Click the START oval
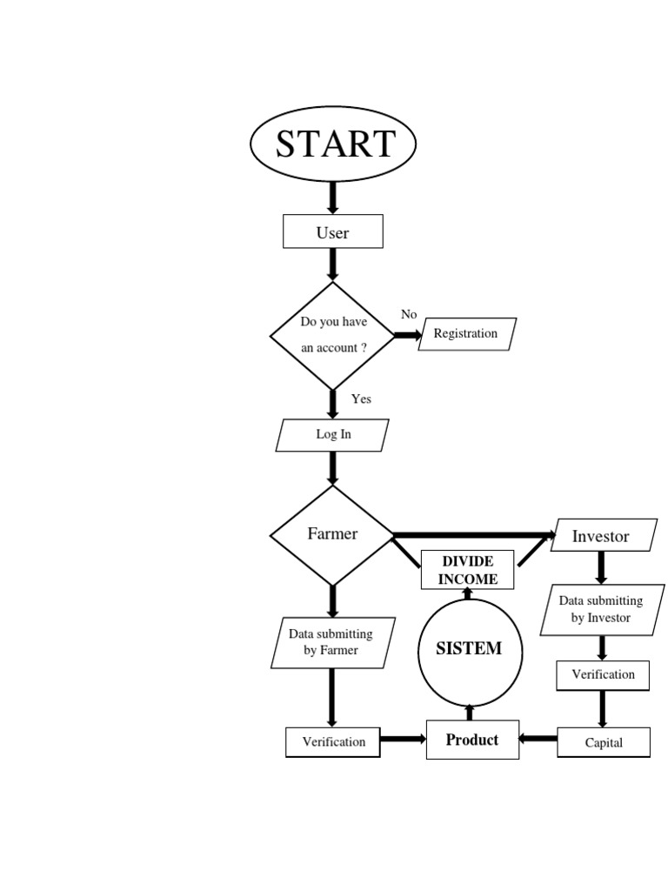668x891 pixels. (x=333, y=144)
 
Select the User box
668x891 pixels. (x=333, y=232)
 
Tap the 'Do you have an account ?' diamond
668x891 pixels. (x=333, y=335)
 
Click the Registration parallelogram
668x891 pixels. (x=466, y=334)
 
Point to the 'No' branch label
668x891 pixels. (x=409, y=314)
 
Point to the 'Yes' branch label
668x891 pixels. (x=361, y=399)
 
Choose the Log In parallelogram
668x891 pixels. (x=333, y=435)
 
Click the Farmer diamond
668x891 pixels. (x=333, y=534)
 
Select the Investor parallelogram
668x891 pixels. (x=601, y=536)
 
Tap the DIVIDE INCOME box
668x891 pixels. (x=468, y=570)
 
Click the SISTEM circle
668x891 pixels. (x=469, y=649)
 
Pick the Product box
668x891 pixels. (x=472, y=740)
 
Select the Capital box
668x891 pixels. (x=604, y=743)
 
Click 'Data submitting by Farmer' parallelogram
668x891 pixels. (x=331, y=643)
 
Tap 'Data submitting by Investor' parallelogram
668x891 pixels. (x=601, y=610)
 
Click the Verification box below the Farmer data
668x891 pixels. (x=333, y=742)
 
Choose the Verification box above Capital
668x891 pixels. (x=603, y=674)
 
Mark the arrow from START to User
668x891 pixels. (x=332, y=197)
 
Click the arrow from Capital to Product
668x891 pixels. (x=538, y=740)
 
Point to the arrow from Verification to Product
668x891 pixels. (x=403, y=740)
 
